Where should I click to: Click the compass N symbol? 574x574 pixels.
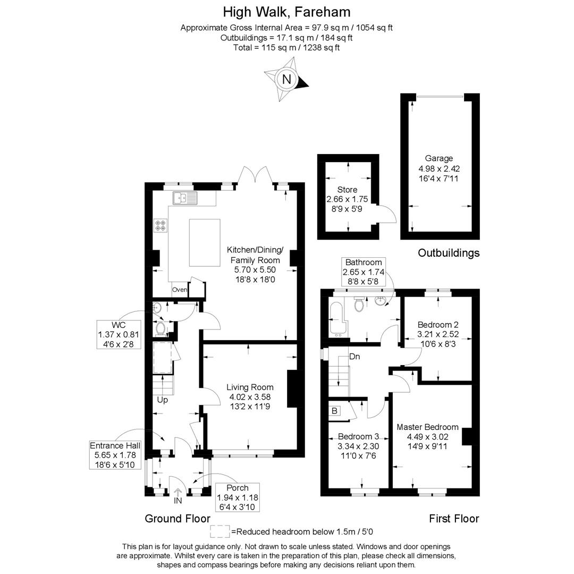(287, 80)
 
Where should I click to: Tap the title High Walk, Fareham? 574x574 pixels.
(286, 12)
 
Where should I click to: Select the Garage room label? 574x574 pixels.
(438, 158)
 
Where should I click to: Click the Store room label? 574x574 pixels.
(347, 190)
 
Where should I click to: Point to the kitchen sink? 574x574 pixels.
(184, 198)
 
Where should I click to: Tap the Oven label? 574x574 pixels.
(179, 290)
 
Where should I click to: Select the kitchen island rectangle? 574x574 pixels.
(205, 242)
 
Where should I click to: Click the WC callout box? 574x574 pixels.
(119, 334)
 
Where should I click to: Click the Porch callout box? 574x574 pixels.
(237, 497)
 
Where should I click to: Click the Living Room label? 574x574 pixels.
(250, 387)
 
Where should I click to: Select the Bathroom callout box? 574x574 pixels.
(364, 272)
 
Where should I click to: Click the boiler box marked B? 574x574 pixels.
(335, 410)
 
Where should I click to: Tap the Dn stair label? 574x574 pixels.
(354, 357)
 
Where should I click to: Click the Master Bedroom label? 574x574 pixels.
(427, 427)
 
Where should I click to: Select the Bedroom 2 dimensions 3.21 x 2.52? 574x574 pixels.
(438, 334)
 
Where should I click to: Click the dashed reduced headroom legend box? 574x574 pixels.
(220, 531)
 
